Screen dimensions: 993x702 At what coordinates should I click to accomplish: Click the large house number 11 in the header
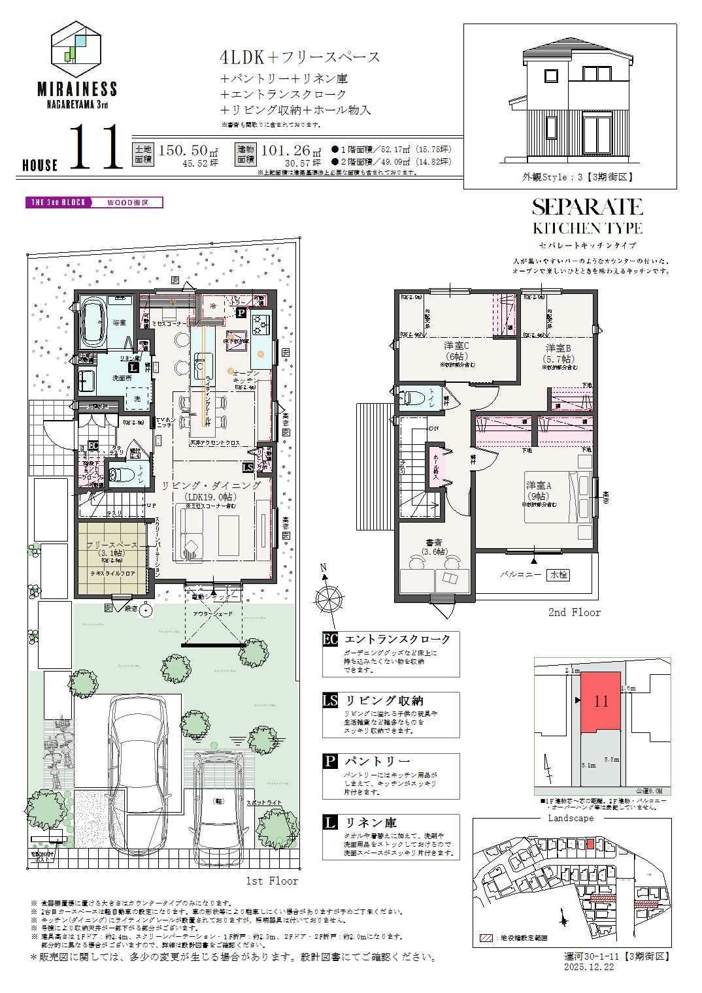coord(95,148)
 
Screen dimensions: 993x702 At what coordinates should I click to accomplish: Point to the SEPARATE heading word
coord(587,207)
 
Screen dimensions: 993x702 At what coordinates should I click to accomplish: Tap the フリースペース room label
coord(112,545)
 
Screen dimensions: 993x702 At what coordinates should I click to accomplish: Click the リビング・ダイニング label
coord(211,485)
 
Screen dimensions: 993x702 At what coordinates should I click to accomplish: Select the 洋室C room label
coord(457,346)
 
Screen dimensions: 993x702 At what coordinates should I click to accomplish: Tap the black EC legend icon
coord(331,639)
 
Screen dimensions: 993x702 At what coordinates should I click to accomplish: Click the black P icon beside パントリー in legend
coord(331,761)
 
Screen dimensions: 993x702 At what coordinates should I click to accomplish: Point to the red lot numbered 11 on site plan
coord(601,701)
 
